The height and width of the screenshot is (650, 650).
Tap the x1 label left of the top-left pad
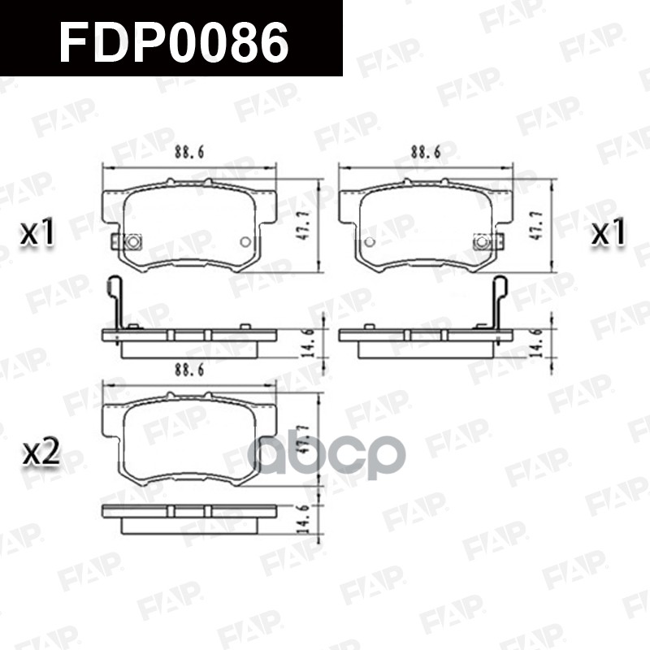click(x=37, y=234)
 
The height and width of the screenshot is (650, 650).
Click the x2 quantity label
click(x=41, y=453)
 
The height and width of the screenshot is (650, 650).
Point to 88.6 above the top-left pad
click(x=188, y=151)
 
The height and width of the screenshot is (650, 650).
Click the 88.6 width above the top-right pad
click(x=425, y=151)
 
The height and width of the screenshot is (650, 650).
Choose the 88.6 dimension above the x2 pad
click(x=188, y=370)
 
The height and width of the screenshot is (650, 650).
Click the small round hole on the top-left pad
click(x=245, y=241)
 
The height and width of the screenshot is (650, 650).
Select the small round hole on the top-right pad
click(x=370, y=241)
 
